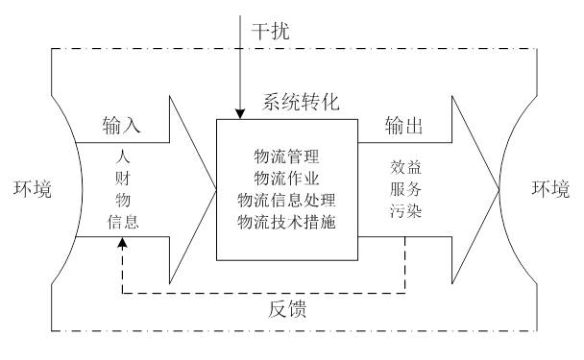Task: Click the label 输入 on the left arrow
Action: coord(122,125)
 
